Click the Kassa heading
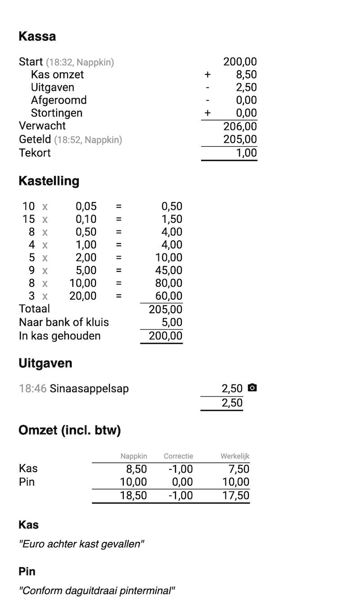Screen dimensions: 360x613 [x=37, y=36]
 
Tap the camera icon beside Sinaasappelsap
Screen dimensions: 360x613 [x=252, y=388]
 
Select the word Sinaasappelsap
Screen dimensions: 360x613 [x=89, y=388]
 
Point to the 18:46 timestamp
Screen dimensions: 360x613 [x=32, y=388]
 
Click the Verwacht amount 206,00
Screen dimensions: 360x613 [x=240, y=126]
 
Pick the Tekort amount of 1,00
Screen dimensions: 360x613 [x=247, y=153]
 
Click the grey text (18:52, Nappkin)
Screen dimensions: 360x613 [x=88, y=140]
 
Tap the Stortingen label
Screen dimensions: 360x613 [x=57, y=113]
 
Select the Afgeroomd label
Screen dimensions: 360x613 [x=58, y=100]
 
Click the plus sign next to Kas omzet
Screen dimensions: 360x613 [x=207, y=75]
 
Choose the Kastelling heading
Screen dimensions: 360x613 [x=49, y=181]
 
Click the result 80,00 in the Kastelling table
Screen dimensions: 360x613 [x=169, y=283]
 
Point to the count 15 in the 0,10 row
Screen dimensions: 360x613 [x=28, y=219]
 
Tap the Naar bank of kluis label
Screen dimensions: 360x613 [x=64, y=322]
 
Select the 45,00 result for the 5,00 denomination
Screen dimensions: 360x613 [x=169, y=270]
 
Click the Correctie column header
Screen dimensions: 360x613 [x=178, y=456]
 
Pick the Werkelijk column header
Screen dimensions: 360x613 [x=235, y=456]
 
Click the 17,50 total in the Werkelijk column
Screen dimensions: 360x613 [x=236, y=496]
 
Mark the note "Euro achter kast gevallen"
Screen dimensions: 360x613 [x=81, y=544]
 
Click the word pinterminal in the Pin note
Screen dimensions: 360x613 [x=146, y=590]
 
